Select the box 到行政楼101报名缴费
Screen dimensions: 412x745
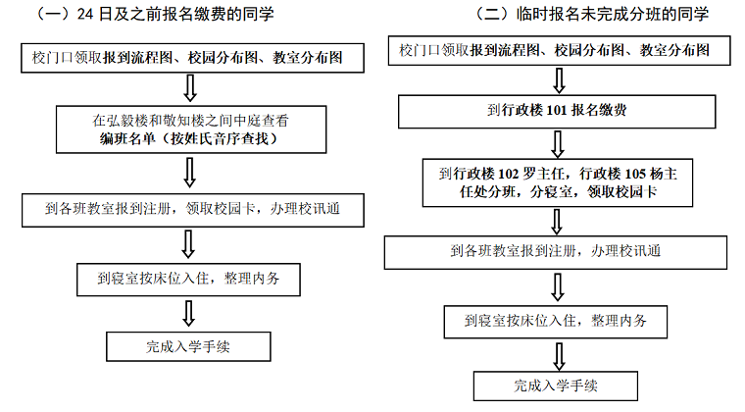(x=557, y=110)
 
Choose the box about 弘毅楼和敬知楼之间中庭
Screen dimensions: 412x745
(x=189, y=129)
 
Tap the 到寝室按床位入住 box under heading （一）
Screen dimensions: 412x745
(x=188, y=278)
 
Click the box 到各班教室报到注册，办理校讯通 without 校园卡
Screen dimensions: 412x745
(x=556, y=250)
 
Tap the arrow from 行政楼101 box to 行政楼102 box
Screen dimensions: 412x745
(x=558, y=143)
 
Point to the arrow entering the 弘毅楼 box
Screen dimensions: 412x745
(x=191, y=89)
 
